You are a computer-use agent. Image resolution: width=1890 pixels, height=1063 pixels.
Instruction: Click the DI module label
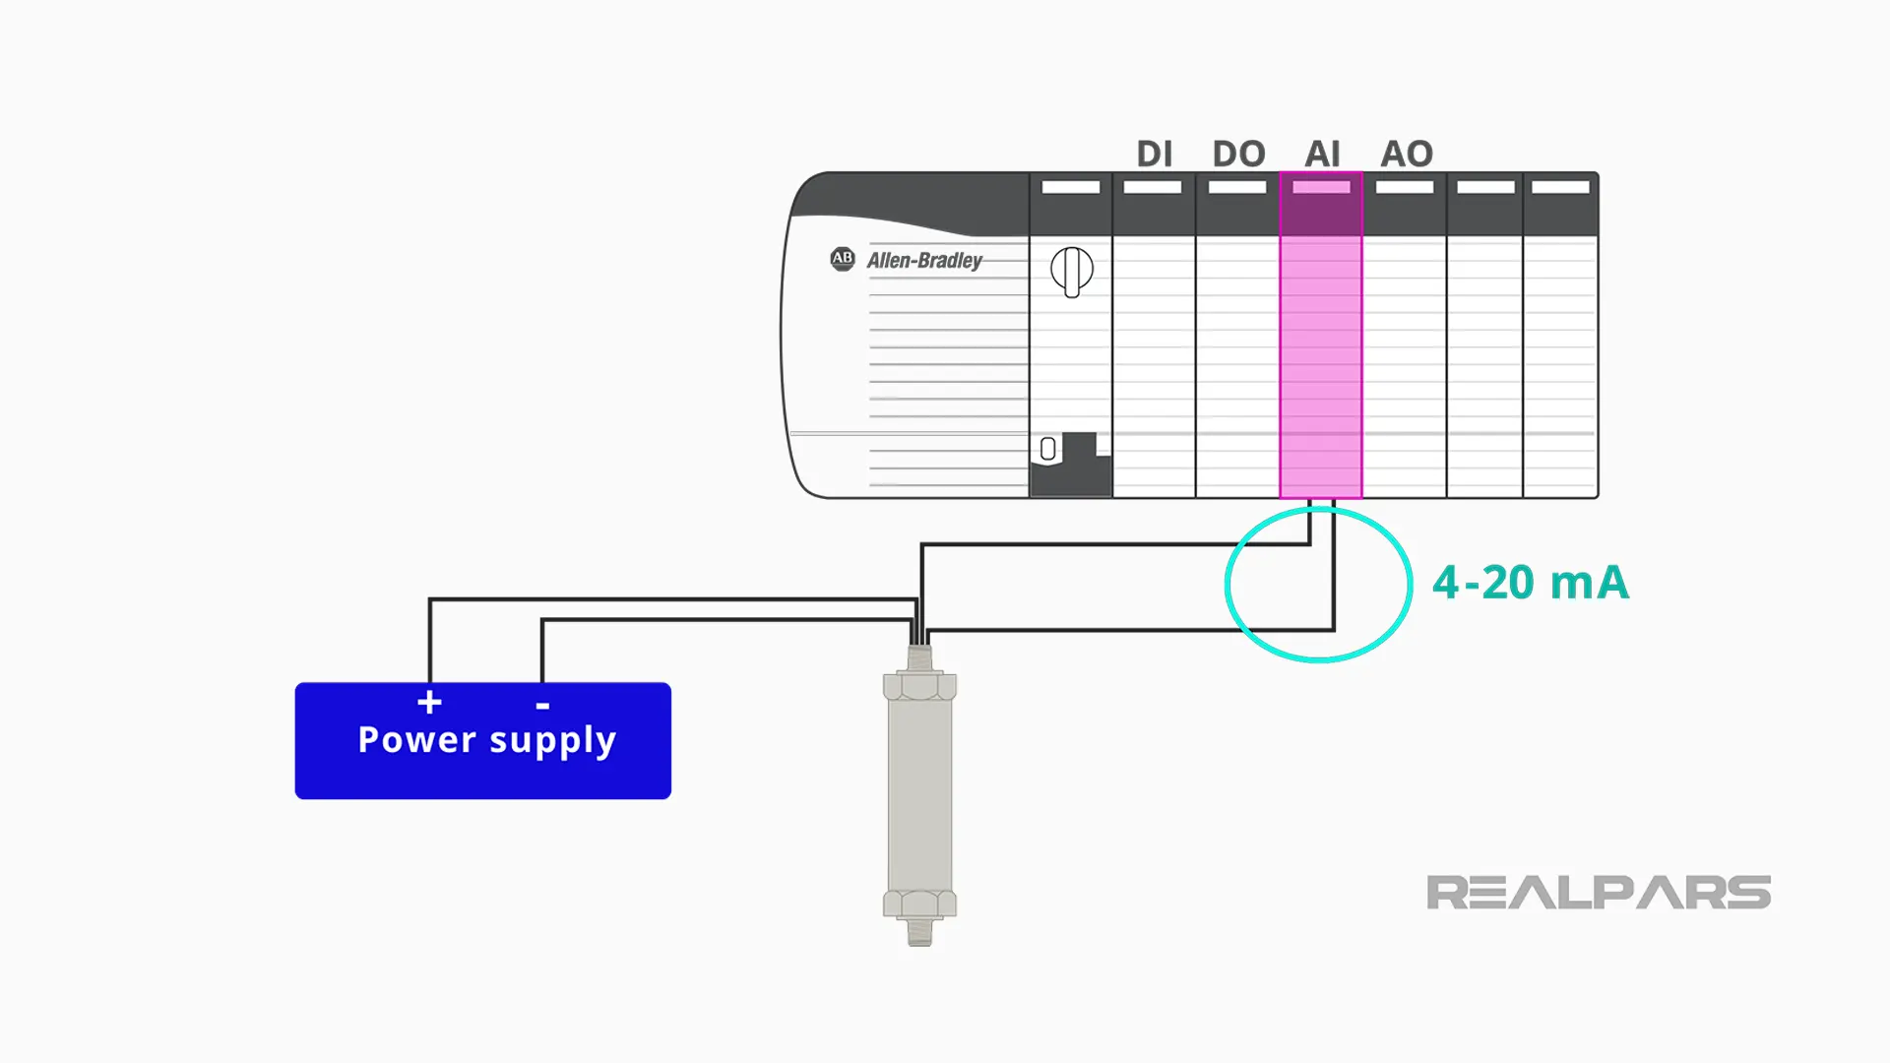[1154, 154]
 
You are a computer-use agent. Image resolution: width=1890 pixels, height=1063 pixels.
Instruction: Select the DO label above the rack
[1238, 154]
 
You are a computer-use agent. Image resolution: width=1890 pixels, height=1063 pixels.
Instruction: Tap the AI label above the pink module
[1322, 154]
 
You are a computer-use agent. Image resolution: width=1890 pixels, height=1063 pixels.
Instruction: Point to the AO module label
[1407, 154]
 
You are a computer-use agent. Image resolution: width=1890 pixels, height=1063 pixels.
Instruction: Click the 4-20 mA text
[1530, 583]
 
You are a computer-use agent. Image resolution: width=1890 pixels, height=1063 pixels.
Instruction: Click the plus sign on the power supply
[429, 702]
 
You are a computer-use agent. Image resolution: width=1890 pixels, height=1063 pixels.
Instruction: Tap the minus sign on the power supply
[542, 706]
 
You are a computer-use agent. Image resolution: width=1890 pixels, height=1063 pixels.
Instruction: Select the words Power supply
[486, 740]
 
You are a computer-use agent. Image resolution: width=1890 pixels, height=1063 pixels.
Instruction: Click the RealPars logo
[1598, 893]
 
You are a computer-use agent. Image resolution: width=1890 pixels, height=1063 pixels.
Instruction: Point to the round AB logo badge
[843, 259]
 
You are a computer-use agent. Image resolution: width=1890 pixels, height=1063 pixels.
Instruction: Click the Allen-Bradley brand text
[924, 261]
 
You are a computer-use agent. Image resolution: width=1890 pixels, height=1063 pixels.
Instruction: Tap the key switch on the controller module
[1072, 271]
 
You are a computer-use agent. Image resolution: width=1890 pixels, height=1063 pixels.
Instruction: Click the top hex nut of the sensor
[919, 686]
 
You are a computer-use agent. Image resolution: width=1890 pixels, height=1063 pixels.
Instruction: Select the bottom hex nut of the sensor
[919, 904]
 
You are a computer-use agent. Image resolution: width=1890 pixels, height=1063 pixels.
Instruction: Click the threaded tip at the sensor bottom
[919, 932]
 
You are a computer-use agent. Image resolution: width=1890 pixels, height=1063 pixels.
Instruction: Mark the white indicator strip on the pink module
[1321, 187]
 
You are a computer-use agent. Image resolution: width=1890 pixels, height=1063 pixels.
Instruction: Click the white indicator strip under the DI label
[1153, 187]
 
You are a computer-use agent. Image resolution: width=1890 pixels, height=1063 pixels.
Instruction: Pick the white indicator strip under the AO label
[1405, 187]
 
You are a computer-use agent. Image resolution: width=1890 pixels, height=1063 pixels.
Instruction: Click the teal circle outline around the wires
[1228, 585]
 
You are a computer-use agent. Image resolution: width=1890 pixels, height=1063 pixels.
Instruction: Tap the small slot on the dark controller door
[1048, 449]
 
